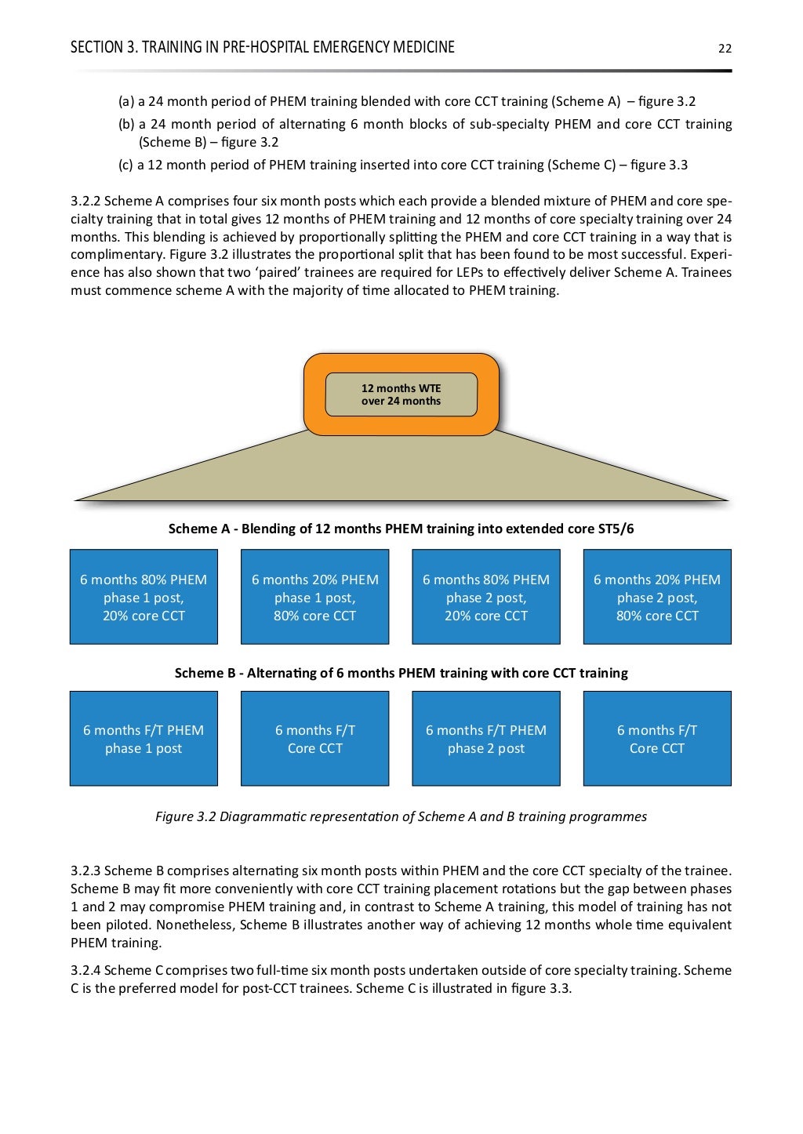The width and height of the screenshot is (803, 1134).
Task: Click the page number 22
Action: [725, 48]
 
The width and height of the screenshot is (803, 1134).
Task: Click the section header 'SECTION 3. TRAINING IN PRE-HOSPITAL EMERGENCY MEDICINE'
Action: [263, 47]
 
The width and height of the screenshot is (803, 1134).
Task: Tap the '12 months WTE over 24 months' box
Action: [401, 394]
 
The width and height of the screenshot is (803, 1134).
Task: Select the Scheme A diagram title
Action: [401, 529]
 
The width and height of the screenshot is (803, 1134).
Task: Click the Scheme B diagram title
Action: [401, 673]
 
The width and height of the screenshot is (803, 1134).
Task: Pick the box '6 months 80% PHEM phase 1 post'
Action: [144, 597]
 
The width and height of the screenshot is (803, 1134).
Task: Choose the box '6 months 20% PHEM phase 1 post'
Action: [314, 597]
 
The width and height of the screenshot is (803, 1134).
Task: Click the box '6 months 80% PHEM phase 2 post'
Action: [486, 597]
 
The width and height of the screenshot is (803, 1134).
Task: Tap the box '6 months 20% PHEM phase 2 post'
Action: [657, 597]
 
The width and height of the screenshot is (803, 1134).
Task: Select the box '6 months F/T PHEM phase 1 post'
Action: [144, 739]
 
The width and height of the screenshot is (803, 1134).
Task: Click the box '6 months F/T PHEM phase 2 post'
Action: [486, 739]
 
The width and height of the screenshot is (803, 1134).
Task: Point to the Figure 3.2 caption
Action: [401, 816]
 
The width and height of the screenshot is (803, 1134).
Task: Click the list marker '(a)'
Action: [125, 101]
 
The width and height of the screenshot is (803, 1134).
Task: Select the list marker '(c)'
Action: [125, 165]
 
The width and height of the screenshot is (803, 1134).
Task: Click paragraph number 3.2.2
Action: [85, 201]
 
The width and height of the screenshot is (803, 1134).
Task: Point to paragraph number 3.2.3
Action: [85, 870]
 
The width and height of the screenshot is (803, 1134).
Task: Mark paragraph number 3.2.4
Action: [85, 970]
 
